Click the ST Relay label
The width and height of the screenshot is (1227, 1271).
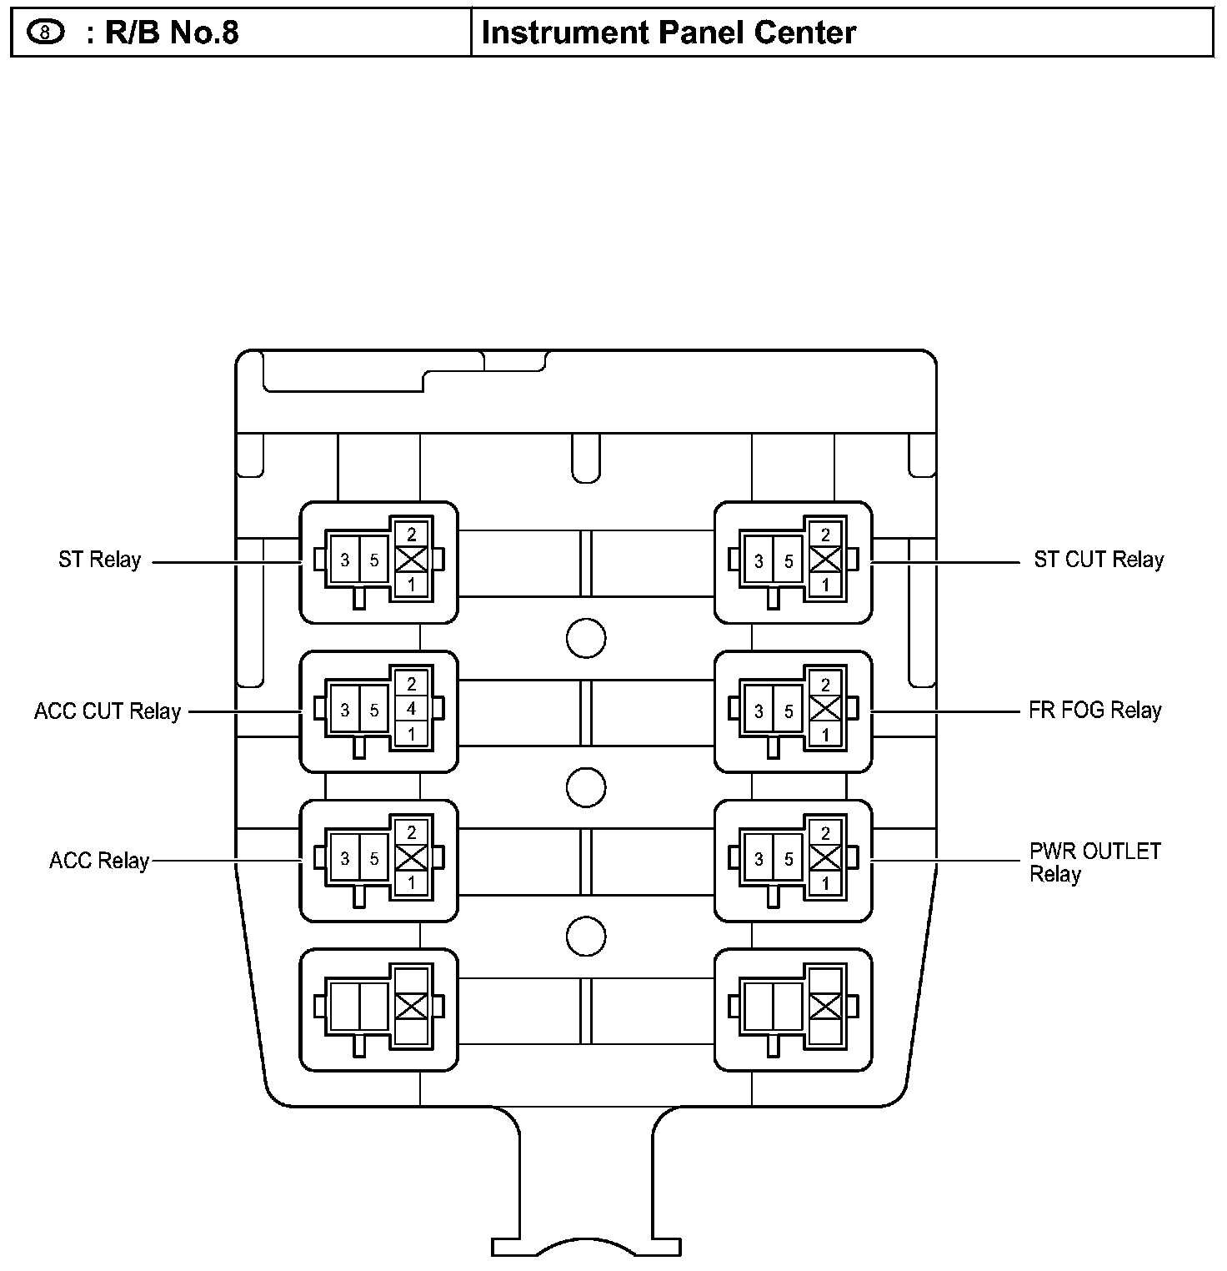click(100, 560)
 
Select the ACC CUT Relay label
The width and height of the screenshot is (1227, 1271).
click(108, 711)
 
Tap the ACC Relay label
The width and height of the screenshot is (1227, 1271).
click(99, 861)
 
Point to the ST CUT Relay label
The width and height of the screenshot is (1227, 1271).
click(1099, 560)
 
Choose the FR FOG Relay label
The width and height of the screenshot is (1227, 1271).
click(1095, 711)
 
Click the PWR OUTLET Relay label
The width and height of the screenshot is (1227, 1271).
click(1094, 862)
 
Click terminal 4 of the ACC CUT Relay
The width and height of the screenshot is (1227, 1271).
click(411, 710)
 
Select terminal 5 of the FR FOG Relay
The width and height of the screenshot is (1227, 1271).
click(789, 711)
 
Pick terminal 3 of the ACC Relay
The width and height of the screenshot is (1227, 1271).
click(345, 859)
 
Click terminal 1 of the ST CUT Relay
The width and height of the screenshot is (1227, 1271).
click(825, 585)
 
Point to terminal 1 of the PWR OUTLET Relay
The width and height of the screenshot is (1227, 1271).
click(825, 884)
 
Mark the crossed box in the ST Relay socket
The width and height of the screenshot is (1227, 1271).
click(411, 560)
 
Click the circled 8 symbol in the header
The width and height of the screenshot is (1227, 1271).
click(46, 33)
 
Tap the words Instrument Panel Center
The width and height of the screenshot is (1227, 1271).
click(669, 33)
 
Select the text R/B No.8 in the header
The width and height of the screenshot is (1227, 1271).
click(172, 33)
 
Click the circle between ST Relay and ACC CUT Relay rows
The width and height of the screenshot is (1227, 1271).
click(585, 639)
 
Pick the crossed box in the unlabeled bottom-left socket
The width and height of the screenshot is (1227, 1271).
click(411, 1007)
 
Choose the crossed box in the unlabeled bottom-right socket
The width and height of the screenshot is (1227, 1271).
click(825, 1007)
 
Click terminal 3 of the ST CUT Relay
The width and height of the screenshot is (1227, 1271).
click(759, 561)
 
